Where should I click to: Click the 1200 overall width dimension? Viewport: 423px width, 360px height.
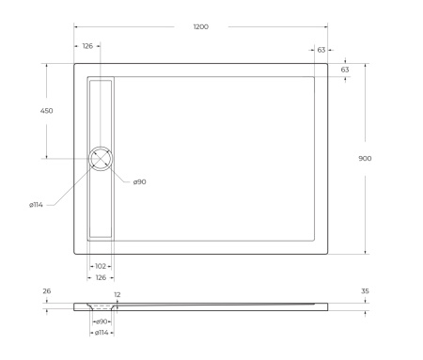(200, 26)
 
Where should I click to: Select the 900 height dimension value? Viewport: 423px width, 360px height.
(365, 158)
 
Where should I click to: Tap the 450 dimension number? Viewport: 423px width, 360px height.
(46, 110)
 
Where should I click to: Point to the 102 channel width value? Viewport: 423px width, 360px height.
(101, 266)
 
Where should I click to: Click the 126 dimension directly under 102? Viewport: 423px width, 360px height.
(101, 277)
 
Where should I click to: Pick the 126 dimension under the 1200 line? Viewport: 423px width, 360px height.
(87, 45)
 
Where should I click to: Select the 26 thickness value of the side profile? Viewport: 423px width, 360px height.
(46, 291)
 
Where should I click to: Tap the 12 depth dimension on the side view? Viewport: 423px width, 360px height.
(117, 295)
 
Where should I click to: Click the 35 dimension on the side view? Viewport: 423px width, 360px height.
(365, 291)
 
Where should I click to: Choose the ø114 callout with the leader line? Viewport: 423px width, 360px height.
(36, 204)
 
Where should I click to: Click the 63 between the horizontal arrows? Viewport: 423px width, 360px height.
(321, 49)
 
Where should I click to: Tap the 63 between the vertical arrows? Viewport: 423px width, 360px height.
(345, 70)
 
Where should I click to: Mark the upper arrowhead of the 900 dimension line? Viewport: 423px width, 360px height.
(365, 65)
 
